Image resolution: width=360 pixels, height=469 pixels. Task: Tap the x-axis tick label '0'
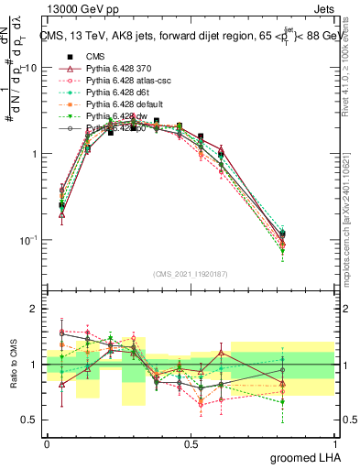click(x=47, y=442)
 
